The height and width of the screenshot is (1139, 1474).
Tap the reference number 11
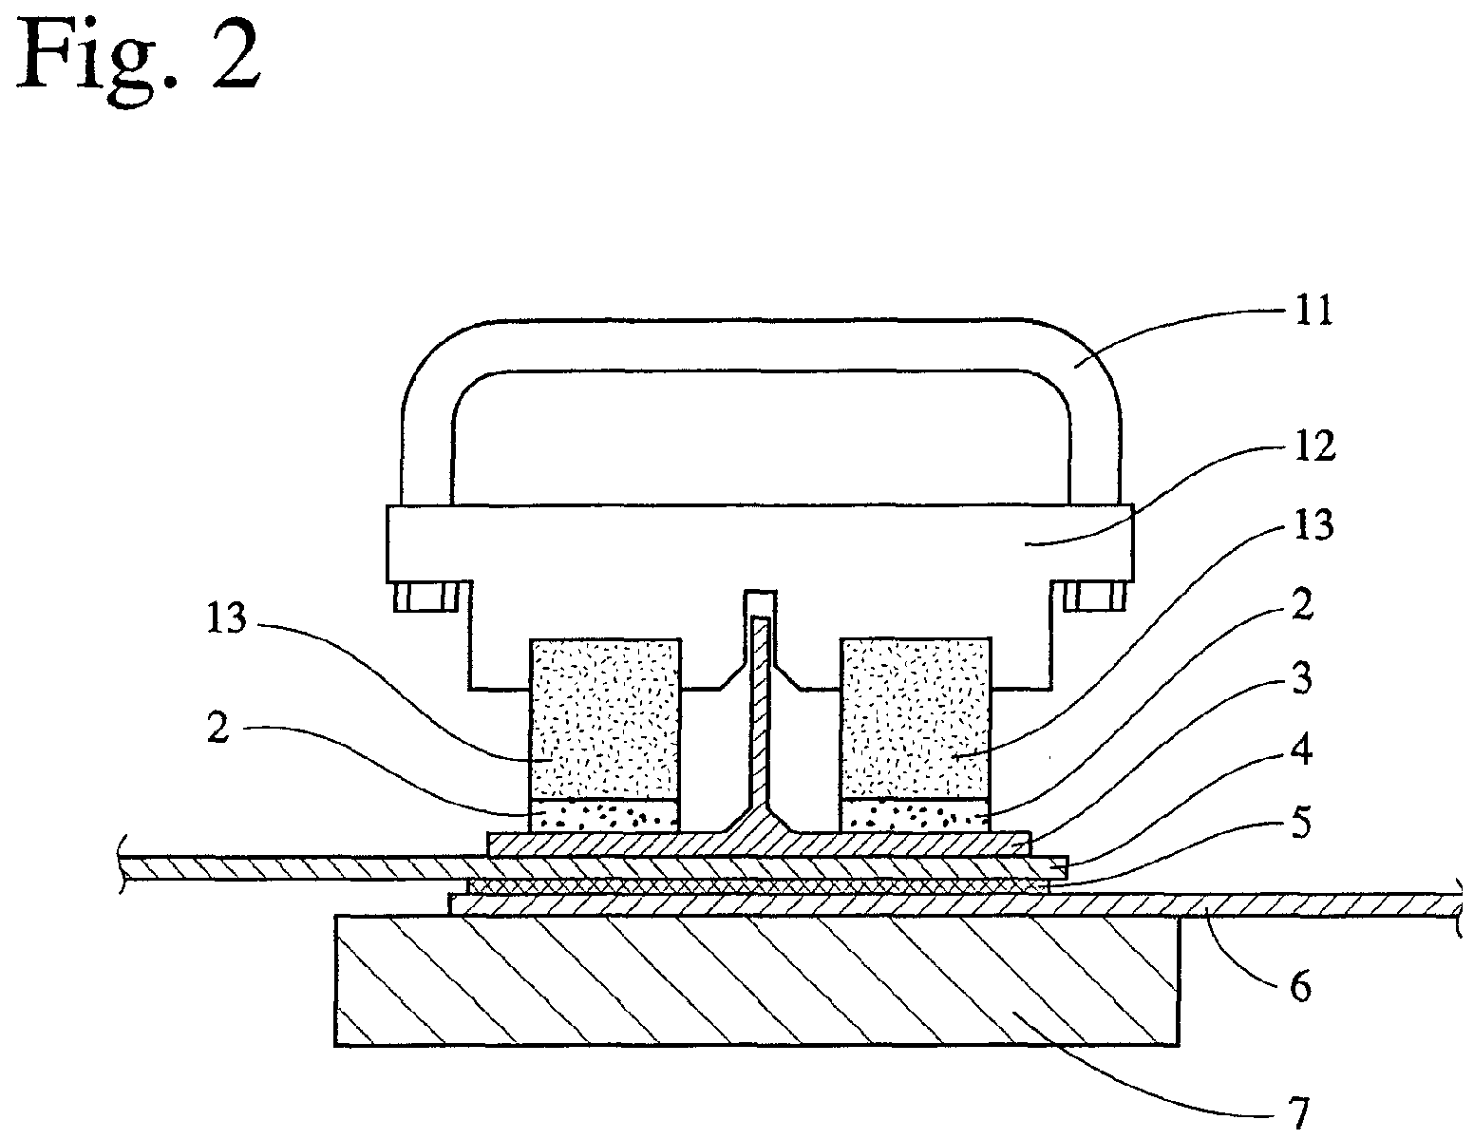pos(1313,312)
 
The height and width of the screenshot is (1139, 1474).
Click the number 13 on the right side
pos(1313,524)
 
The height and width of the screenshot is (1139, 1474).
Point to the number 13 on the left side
pos(227,618)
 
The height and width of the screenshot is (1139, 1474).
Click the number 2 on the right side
pos(1302,604)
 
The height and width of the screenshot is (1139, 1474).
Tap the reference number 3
pos(1302,677)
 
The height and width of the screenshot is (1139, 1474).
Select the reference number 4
pos(1301,750)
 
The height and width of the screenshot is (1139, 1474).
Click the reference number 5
pos(1300,823)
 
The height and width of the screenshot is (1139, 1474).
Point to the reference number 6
pos(1300,986)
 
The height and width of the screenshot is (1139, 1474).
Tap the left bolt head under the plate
pos(425,597)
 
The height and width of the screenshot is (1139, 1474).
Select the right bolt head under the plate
pos(1095,597)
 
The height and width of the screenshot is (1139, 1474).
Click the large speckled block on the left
pos(605,718)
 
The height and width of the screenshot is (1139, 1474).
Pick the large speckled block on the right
pos(916,718)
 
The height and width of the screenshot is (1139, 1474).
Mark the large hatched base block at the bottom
pos(756,981)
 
